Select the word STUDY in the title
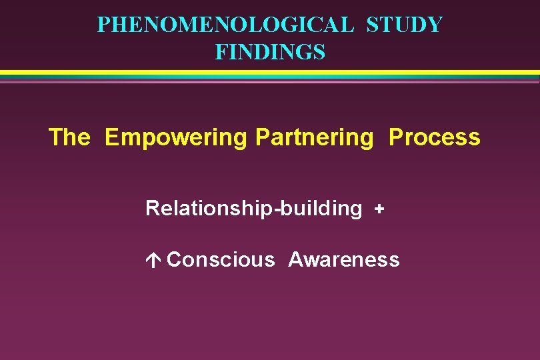pos(405,25)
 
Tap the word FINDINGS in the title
pos(270,51)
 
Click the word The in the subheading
pos(69,137)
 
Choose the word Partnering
pos(315,138)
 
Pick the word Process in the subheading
pos(434,137)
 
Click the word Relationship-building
pos(253,209)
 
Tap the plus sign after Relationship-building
pos(379,209)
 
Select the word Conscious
pos(221,259)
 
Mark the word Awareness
pos(344,259)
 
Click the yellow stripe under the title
pos(270,72)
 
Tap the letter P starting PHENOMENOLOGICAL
pos(103,25)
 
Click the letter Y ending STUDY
pos(435,25)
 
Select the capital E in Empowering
pos(112,137)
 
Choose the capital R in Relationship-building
pos(152,208)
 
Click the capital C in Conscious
pos(175,259)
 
